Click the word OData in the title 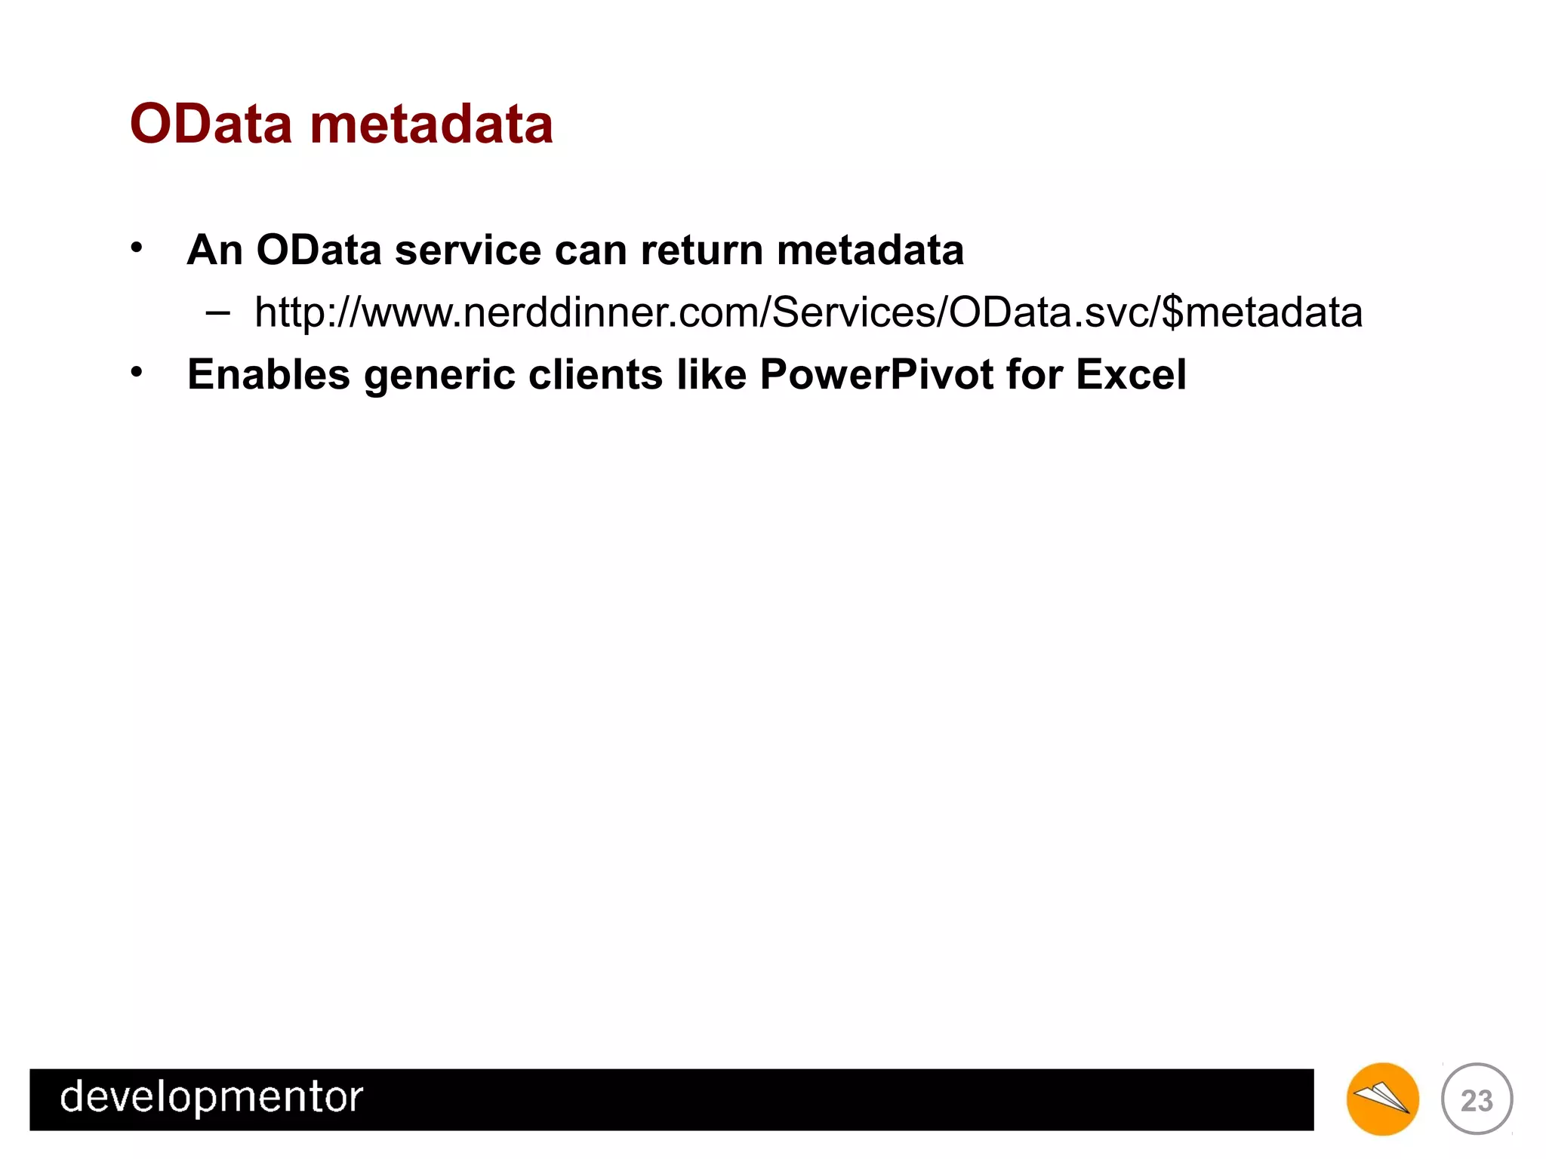211,125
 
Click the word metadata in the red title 431,125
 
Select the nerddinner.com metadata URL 808,312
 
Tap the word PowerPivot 876,374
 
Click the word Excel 1131,374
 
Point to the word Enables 268,374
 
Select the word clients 595,374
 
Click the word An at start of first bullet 214,251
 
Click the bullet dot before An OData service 136,247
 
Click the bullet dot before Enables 136,372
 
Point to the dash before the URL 217,312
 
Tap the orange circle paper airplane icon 1381,1099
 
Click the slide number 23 1477,1100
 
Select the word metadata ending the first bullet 870,251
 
